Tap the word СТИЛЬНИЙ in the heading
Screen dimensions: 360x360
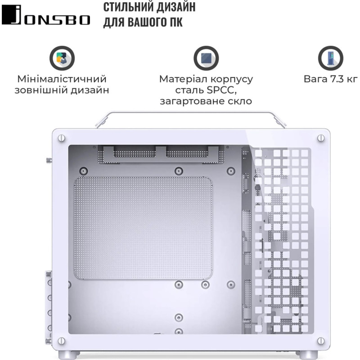point(127,8)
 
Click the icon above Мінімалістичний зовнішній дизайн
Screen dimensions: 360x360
point(62,58)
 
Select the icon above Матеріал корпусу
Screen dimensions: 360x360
point(206,58)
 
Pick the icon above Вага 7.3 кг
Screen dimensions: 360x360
point(330,58)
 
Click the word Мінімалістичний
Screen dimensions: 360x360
point(62,79)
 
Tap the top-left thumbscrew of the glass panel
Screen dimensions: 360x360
point(62,138)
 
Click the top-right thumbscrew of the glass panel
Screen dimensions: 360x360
point(320,138)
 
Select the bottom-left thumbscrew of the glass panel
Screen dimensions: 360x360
point(62,340)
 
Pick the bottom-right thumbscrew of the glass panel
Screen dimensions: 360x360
point(320,340)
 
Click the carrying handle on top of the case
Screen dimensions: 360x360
point(191,114)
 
